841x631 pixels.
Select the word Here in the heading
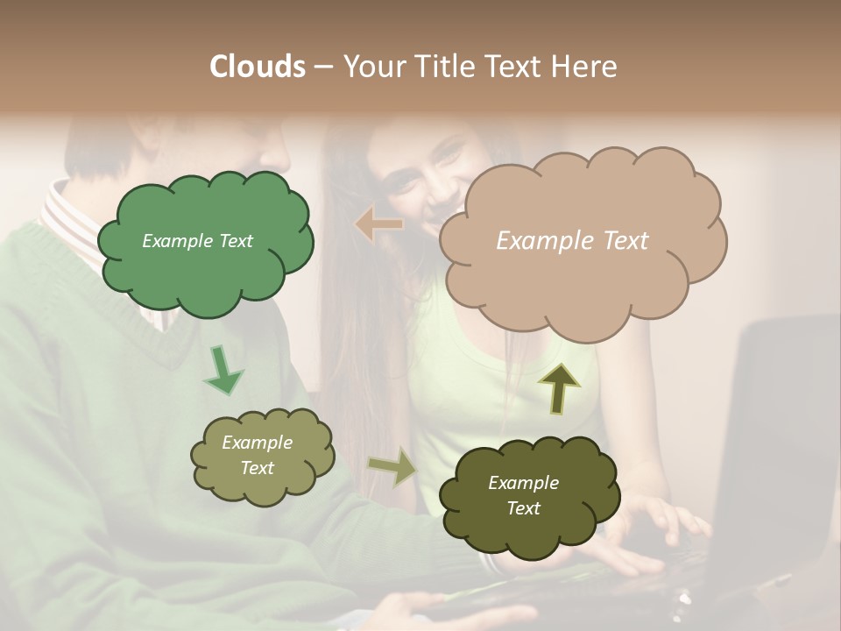[x=586, y=67]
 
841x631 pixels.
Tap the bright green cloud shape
[x=205, y=243]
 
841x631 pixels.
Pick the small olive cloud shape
[x=261, y=457]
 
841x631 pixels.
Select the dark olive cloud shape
[x=528, y=495]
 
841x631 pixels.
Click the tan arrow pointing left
[x=379, y=224]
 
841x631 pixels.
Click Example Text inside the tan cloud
[x=572, y=241]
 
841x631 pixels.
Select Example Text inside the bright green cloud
[x=197, y=241]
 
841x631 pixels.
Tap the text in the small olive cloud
[x=257, y=455]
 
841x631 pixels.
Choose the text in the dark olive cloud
[x=523, y=495]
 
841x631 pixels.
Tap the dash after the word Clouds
[x=322, y=67]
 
